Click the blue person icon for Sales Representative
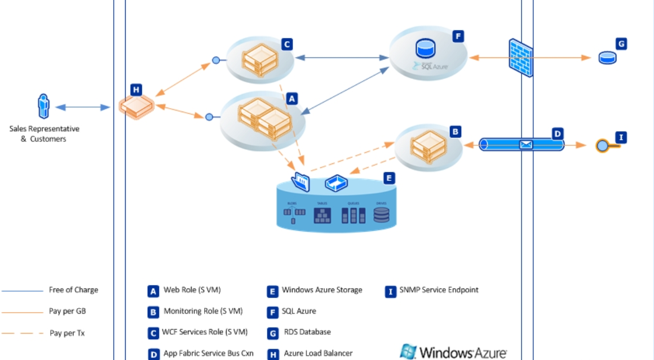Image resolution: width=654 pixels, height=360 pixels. pos(43,106)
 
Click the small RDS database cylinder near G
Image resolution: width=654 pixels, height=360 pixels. pos(607,57)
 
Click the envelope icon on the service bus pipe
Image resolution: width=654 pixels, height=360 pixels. pos(525,145)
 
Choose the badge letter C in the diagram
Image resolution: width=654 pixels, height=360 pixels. pos(286,44)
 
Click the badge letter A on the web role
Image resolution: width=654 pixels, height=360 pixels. pos(291,98)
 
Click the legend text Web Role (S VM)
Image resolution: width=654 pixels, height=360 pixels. pos(192,290)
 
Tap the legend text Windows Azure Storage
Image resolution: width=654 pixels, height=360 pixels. pos(322,290)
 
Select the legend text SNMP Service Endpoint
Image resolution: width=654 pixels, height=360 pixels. pos(439,290)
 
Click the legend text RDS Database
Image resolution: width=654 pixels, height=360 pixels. pos(307,332)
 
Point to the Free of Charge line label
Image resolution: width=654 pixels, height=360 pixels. pos(73,290)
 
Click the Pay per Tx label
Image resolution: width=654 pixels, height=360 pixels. pos(67,333)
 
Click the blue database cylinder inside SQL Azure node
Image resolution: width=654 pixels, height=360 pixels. pos(425,48)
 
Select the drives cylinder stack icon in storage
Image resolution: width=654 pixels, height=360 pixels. pos(382,215)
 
